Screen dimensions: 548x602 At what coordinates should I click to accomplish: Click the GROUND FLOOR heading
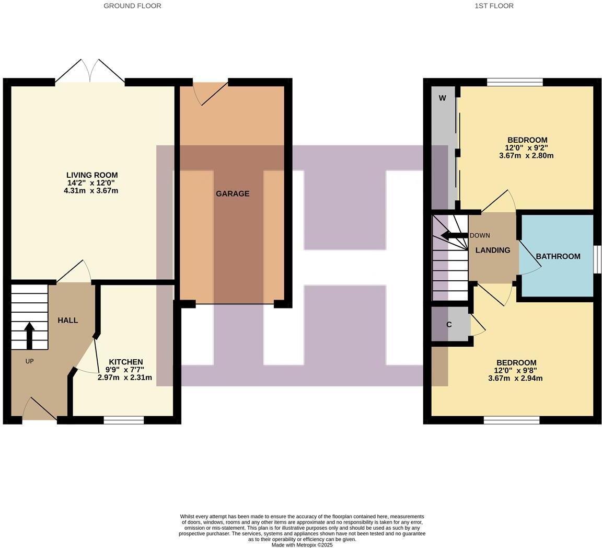pos(132,6)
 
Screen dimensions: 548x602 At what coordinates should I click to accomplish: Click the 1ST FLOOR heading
pos(494,6)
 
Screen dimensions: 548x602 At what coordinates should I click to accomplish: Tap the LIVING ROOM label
pos(92,175)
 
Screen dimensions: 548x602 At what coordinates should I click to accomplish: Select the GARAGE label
pos(233,193)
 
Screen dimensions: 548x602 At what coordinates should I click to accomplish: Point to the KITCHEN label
pos(125,362)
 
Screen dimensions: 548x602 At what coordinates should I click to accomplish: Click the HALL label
pos(68,320)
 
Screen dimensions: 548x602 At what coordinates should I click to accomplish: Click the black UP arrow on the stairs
pos(29,335)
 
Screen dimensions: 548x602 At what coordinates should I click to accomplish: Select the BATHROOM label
pos(558,256)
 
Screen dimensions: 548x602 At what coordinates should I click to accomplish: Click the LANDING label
pos(493,250)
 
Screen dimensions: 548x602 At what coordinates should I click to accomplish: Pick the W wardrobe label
pos(442,98)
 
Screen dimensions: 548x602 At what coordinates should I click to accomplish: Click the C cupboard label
pos(449,325)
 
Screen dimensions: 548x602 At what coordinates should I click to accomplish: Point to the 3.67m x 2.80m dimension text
pos(526,156)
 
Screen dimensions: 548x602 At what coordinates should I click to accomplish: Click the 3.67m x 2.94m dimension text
pos(515,378)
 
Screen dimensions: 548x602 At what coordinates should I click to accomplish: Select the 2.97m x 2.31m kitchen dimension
pos(125,378)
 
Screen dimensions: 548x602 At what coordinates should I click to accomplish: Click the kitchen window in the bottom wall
pos(124,420)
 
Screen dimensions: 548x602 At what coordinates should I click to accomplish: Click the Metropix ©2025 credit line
pos(302,545)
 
